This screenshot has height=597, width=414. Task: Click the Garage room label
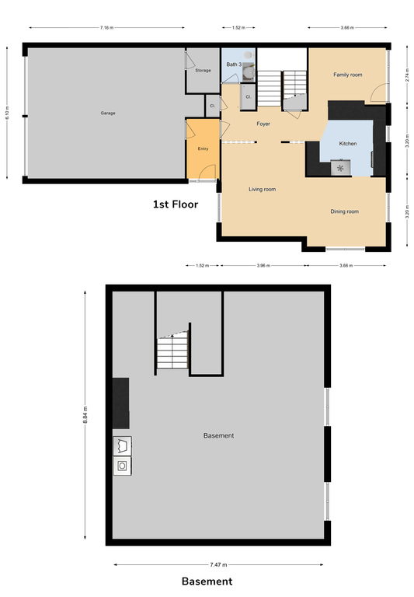[x=107, y=113]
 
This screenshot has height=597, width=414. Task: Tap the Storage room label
[x=203, y=71]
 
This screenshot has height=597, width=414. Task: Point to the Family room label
[x=348, y=75]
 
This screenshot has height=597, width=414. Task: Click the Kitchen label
[x=347, y=144]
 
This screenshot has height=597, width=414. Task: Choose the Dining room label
[x=344, y=211]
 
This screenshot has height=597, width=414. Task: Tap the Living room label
[x=262, y=189]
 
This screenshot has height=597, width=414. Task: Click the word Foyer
[x=264, y=124]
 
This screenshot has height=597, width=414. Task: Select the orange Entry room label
[x=203, y=148]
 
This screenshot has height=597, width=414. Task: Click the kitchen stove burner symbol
[x=340, y=166]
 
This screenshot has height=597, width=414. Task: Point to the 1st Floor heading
[x=175, y=205]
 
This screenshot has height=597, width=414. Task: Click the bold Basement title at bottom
[x=207, y=581]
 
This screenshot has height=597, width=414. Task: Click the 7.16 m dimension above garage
[x=107, y=28]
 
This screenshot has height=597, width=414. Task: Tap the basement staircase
[x=172, y=354]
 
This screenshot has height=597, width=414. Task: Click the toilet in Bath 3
[x=248, y=72]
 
